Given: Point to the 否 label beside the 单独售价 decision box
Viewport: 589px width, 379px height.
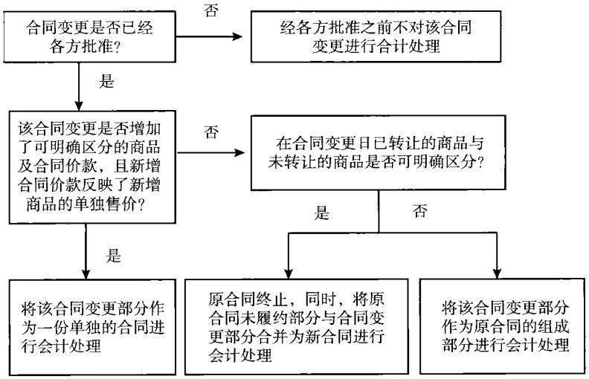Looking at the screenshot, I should [210, 133].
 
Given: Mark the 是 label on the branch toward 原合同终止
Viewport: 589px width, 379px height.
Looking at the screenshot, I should [321, 216].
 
